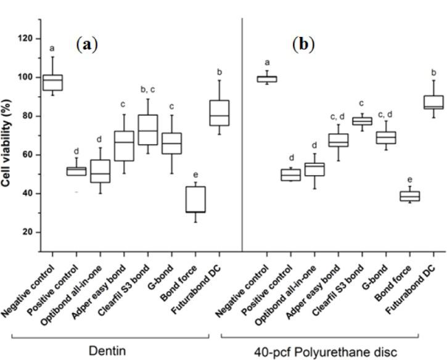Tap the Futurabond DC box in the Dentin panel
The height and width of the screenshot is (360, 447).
[219, 113]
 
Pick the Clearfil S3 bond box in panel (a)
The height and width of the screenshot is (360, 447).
[148, 129]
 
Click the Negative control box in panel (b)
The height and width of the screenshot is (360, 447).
[268, 78]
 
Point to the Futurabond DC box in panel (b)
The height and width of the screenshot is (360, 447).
[434, 102]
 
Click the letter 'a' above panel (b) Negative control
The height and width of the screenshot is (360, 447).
[268, 62]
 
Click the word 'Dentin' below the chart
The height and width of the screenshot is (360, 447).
[110, 351]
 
